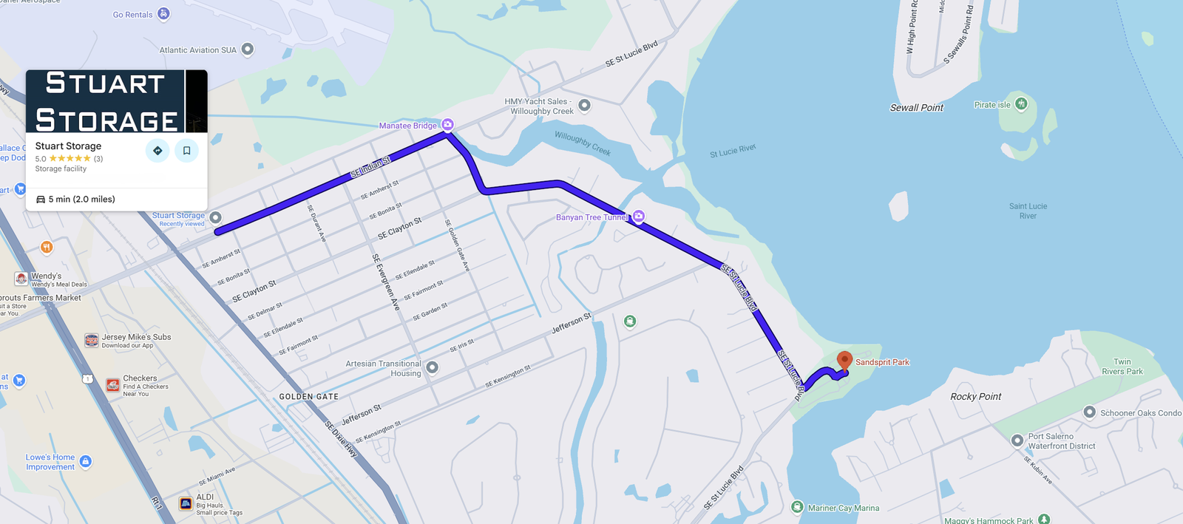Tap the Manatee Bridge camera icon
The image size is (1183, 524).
coord(447,124)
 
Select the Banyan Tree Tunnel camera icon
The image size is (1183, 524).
coord(638,216)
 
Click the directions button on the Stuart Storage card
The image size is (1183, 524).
coord(157,150)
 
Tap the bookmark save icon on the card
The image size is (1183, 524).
coord(186,150)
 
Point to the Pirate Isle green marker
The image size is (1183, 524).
coord(1021,103)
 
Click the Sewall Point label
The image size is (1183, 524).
coord(916,108)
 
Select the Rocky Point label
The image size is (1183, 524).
coord(975,397)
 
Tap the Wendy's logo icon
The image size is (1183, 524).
coord(21,279)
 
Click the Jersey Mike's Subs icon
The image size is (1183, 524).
coord(92,340)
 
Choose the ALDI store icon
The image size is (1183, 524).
coord(186,503)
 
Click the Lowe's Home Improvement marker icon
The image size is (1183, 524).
coord(86,461)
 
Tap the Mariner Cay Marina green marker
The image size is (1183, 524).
coord(797,507)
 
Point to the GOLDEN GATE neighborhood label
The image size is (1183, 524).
coord(308,397)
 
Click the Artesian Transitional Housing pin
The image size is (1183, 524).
coord(433,367)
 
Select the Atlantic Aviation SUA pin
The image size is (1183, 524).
coord(248,50)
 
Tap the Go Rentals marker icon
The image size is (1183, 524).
coord(163,14)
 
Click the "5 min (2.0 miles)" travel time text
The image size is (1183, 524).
coord(81,200)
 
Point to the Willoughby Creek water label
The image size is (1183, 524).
coord(583,143)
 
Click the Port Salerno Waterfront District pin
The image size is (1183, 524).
coord(1017,440)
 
